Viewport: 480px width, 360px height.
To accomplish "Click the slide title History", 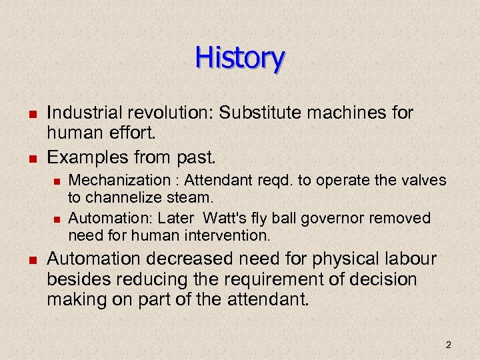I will pos(240,58).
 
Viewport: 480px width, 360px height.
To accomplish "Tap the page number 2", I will pos(448,345).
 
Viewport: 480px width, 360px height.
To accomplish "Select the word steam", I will pos(193,197).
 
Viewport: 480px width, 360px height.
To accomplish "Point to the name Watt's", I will pos(227,218).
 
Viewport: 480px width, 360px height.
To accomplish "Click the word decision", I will pos(386,279).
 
